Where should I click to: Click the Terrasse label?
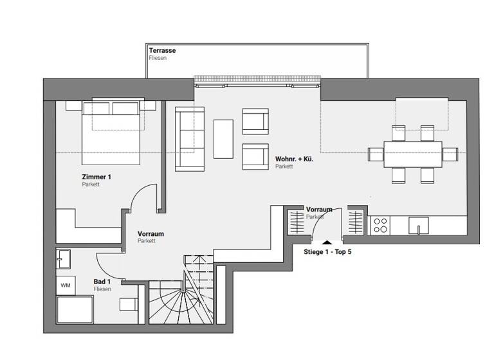[x=162, y=50]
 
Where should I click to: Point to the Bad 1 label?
[x=102, y=282]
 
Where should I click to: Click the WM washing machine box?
[x=66, y=284]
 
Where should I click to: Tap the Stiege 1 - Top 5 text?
[x=327, y=252]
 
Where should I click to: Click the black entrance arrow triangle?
[x=328, y=242]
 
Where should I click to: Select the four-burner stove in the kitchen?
[x=380, y=225]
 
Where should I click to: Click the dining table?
[x=412, y=154]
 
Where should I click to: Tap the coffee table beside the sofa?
[x=223, y=139]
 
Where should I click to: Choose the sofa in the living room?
[x=189, y=138]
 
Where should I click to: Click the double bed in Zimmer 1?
[x=111, y=132]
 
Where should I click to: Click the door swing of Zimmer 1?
[x=143, y=198]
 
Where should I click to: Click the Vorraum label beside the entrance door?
[x=319, y=210]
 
